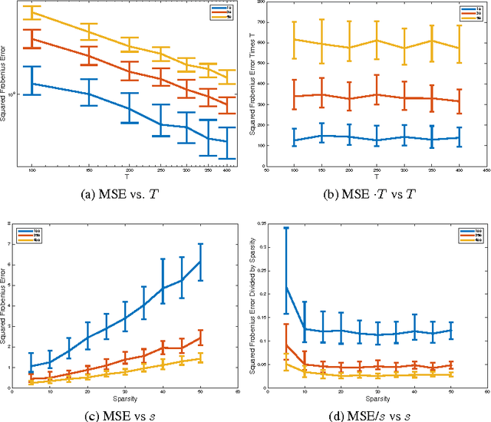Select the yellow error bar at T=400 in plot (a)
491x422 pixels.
tap(227, 77)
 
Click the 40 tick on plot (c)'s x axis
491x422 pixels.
tap(164, 394)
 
